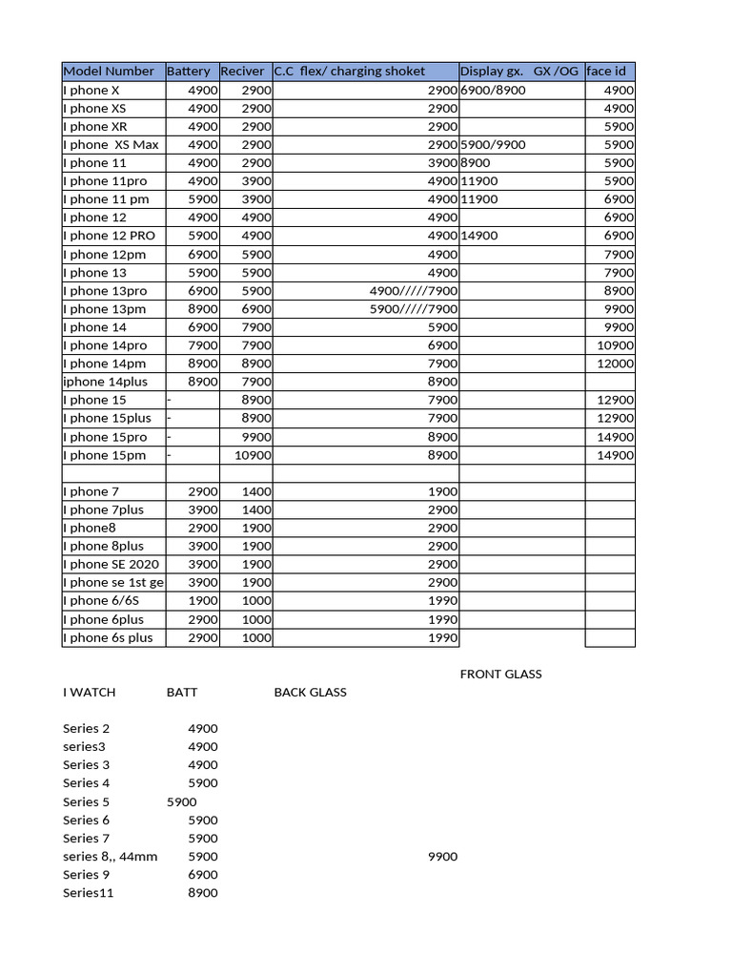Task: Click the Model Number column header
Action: pos(108,72)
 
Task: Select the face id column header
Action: pos(606,72)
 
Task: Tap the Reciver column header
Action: pos(242,72)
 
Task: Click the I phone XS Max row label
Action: pos(111,144)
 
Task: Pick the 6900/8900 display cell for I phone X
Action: pos(493,90)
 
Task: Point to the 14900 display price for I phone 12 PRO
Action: pos(478,235)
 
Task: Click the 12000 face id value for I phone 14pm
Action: pos(615,363)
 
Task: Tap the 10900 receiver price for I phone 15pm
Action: pos(253,455)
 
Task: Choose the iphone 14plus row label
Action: pos(110,382)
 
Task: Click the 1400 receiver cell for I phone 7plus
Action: pos(256,509)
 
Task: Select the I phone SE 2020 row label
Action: pos(111,564)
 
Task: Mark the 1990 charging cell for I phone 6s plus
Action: pos(442,637)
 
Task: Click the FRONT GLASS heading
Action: pos(500,674)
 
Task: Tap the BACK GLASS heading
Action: pos(310,692)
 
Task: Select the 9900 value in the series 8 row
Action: pos(442,856)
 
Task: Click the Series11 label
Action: pos(88,892)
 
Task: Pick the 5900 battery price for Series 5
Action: pos(181,801)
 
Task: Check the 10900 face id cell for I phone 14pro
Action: pos(615,344)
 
